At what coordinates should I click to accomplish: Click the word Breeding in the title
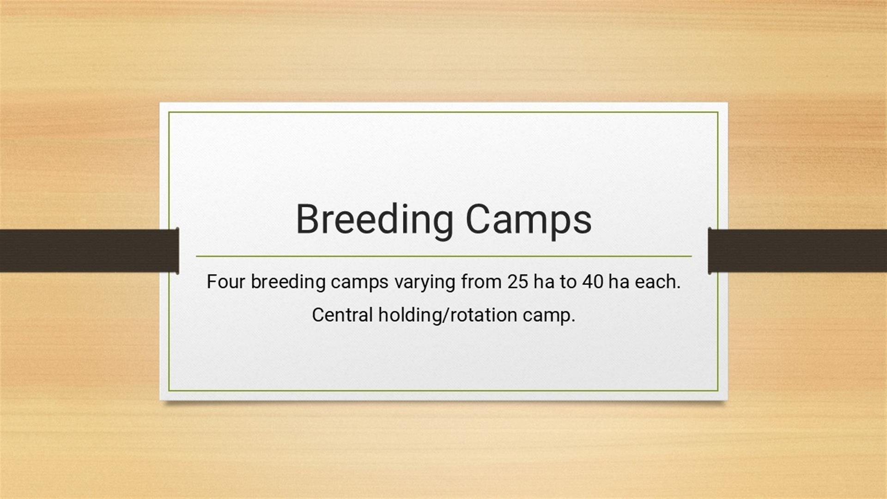375,220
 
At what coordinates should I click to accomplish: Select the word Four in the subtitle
225,281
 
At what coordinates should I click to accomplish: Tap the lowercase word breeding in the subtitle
288,282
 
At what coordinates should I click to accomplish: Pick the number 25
517,281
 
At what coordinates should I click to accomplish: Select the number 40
593,281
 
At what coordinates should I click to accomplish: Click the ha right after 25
544,281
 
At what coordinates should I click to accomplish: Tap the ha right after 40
619,281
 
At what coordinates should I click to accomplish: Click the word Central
342,315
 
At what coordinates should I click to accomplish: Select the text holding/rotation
448,316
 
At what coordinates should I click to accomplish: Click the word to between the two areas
568,282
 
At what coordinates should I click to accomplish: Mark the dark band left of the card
89,250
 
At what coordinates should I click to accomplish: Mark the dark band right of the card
797,250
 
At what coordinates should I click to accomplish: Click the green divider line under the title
443,256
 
